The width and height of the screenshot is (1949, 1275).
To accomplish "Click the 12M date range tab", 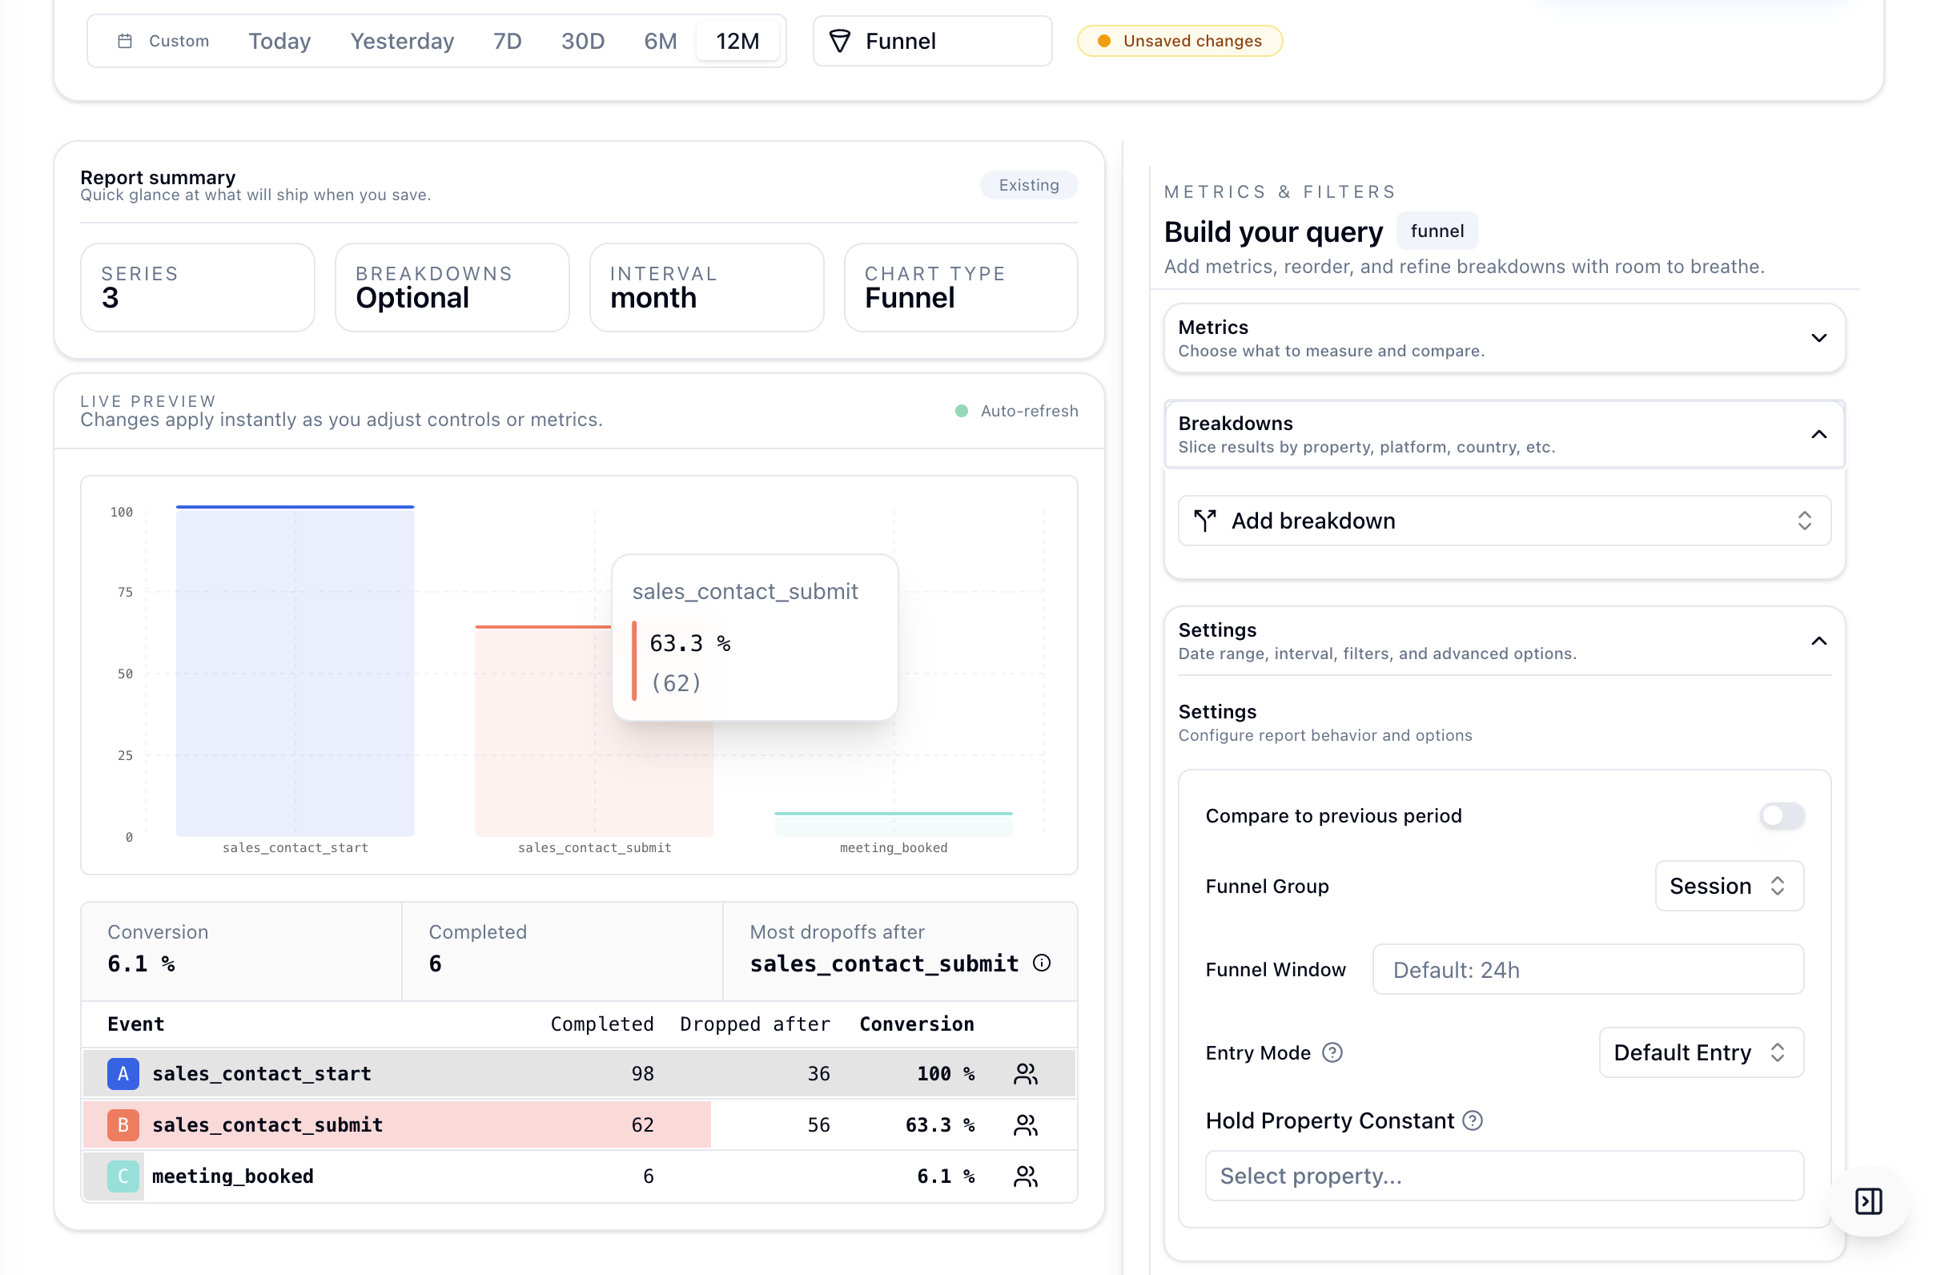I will pyautogui.click(x=737, y=41).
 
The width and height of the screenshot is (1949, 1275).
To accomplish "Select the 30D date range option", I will pyautogui.click(x=582, y=41).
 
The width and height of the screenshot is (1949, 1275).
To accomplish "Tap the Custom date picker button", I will pyautogui.click(x=164, y=41).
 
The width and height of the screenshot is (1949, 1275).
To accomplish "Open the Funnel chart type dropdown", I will pyautogui.click(x=932, y=41).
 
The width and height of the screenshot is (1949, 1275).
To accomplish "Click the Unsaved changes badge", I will pyautogui.click(x=1179, y=41).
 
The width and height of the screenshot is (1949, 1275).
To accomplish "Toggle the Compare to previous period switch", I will pyautogui.click(x=1781, y=815).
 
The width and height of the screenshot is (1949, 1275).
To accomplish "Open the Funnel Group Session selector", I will pyautogui.click(x=1728, y=886).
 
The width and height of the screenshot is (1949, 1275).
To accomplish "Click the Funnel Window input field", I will pyautogui.click(x=1587, y=970).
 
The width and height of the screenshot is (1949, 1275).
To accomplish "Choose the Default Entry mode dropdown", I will pyautogui.click(x=1700, y=1052).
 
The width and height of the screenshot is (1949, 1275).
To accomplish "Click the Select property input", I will pyautogui.click(x=1504, y=1176).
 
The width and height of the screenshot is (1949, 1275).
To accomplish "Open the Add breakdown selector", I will pyautogui.click(x=1504, y=521).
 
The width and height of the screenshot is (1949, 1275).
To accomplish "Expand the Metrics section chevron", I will pyautogui.click(x=1818, y=338).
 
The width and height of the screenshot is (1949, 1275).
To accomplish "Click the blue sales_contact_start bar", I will pyautogui.click(x=295, y=671).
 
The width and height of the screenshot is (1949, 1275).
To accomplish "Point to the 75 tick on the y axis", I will pyautogui.click(x=124, y=592).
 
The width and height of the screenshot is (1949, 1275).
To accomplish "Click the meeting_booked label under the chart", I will pyautogui.click(x=894, y=847).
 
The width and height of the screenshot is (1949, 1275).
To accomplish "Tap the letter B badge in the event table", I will pyautogui.click(x=123, y=1124).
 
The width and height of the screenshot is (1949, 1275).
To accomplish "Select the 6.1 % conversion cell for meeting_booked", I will pyautogui.click(x=945, y=1176).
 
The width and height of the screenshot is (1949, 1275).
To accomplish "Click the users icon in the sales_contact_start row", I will pyautogui.click(x=1025, y=1073).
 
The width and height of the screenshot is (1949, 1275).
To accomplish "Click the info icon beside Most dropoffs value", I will pyautogui.click(x=1041, y=963).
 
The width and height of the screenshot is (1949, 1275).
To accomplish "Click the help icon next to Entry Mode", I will pyautogui.click(x=1332, y=1052).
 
